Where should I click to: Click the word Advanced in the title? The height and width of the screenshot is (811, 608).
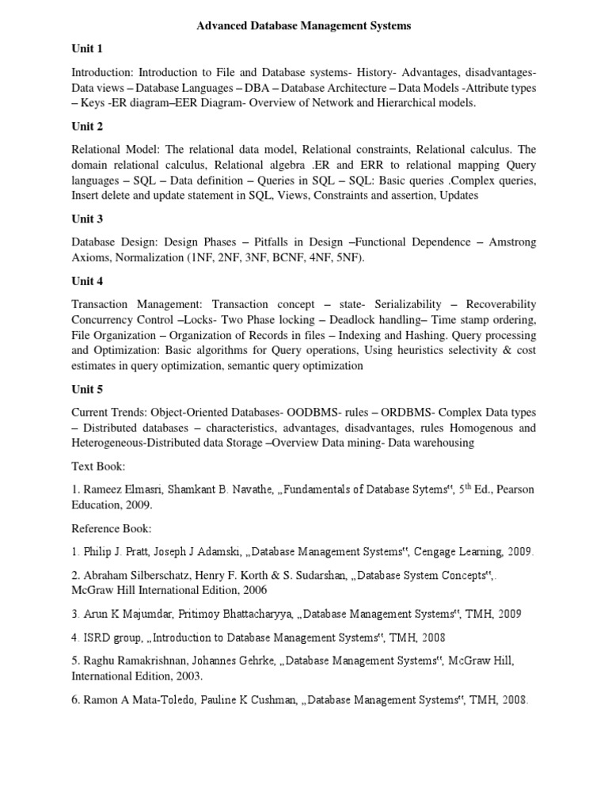(x=224, y=26)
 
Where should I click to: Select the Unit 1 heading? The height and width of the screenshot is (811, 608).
(x=87, y=49)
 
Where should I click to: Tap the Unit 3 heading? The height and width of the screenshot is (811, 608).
(x=87, y=219)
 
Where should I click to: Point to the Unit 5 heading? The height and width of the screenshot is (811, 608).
(x=87, y=389)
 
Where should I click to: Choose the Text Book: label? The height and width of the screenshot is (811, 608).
(x=98, y=466)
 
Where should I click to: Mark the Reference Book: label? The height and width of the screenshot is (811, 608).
(x=112, y=528)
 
